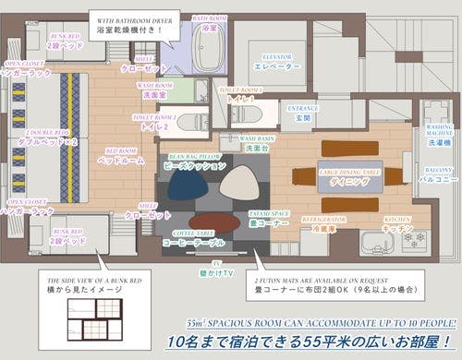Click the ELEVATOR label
click(276, 62)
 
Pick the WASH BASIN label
click(256, 142)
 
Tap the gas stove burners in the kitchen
click(410, 239)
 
